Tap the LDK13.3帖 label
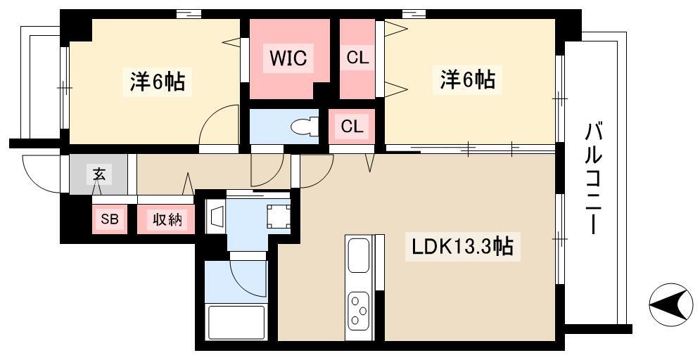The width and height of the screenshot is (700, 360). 462,247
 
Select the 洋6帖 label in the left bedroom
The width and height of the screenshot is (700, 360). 157,82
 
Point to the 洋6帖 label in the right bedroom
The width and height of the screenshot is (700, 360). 467,80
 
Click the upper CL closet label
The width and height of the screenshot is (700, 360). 357,58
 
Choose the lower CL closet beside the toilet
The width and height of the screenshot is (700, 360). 352,127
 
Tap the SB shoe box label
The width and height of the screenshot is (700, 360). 109,219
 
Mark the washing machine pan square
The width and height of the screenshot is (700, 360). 278,216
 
